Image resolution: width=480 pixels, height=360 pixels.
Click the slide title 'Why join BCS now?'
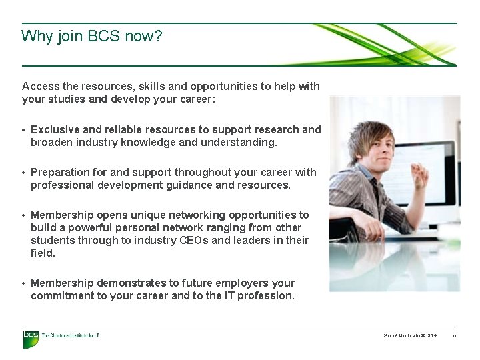click(x=91, y=36)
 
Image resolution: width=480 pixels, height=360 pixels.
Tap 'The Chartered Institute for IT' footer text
click(x=70, y=335)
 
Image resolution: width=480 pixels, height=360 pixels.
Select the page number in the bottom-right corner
click(x=454, y=336)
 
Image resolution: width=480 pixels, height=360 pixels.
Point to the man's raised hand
click(x=419, y=175)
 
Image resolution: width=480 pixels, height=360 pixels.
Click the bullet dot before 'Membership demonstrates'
click(x=24, y=283)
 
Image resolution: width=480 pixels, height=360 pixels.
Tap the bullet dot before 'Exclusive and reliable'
click(x=24, y=130)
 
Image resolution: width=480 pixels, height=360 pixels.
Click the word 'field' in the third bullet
click(x=42, y=253)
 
